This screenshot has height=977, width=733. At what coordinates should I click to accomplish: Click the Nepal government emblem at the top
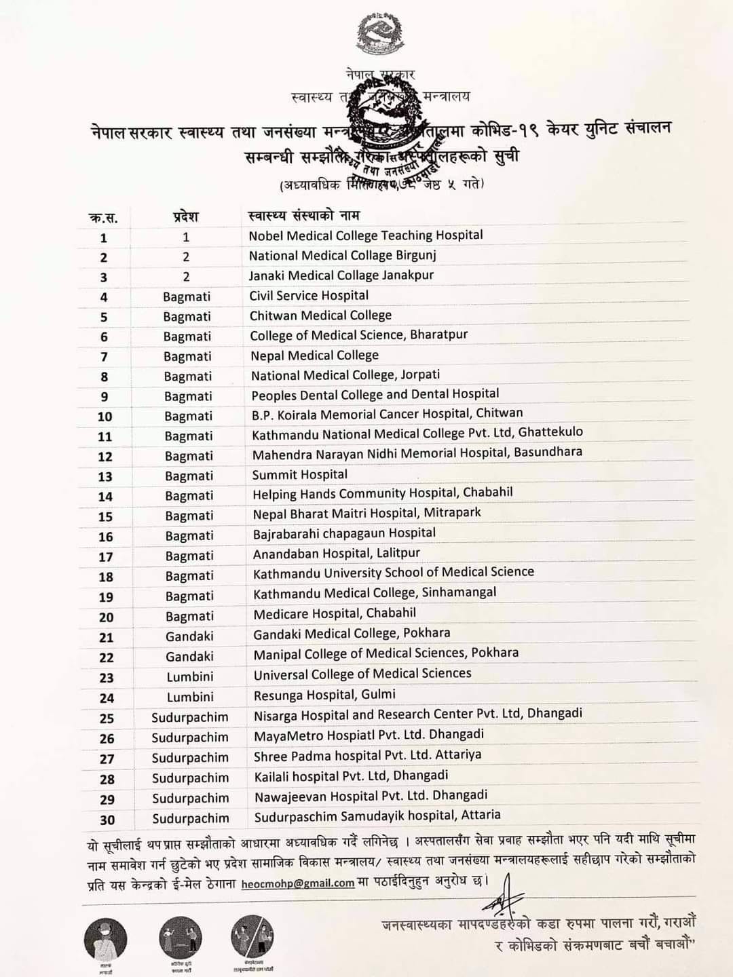tap(379, 35)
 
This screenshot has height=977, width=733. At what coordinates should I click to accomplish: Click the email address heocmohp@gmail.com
tap(297, 883)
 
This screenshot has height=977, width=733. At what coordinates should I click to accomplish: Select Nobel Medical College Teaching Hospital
tap(365, 235)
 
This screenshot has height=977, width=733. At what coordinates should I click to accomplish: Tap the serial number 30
tap(107, 820)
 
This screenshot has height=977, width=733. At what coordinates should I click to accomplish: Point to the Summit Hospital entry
tap(299, 475)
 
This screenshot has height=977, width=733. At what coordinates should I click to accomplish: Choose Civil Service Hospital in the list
tap(309, 296)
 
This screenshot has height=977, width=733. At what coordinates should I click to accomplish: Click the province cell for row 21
tap(189, 636)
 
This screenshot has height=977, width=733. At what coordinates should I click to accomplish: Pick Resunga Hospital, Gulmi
tap(324, 695)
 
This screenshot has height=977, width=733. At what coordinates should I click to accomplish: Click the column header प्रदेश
tap(185, 217)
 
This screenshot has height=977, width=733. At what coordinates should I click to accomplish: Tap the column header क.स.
tap(103, 218)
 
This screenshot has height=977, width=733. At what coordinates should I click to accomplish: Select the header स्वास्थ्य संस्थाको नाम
tap(304, 216)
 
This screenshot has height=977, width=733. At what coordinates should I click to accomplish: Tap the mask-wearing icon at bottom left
tap(105, 939)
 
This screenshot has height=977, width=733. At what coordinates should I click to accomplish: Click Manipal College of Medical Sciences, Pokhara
tap(386, 653)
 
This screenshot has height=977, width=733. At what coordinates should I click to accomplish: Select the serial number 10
tap(105, 417)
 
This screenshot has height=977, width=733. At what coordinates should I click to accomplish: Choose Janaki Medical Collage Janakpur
tap(341, 275)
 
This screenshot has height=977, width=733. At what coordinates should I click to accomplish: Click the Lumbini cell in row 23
tap(190, 677)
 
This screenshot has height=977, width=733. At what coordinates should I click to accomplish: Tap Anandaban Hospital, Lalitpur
tap(336, 554)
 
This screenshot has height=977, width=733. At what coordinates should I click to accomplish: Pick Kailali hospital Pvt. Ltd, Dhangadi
tap(351, 776)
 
